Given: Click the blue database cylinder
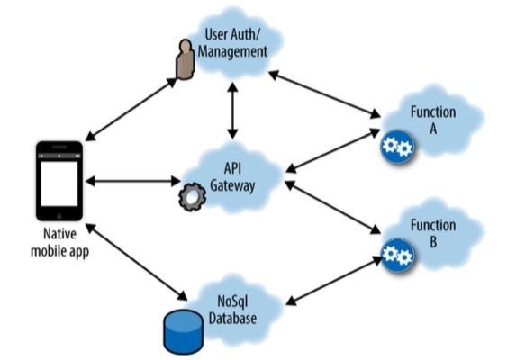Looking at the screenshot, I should click(x=185, y=330).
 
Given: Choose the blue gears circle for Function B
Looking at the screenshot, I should click(x=396, y=255).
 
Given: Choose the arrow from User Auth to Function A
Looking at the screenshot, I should click(x=324, y=93).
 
